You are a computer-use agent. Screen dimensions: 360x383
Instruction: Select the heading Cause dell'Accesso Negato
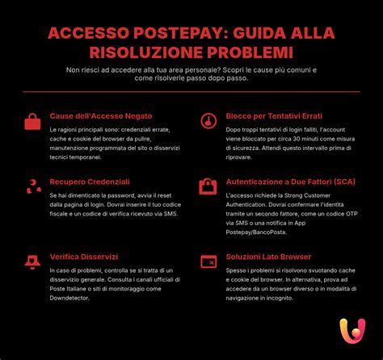100,116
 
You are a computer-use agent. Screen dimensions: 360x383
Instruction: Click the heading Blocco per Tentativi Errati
274,116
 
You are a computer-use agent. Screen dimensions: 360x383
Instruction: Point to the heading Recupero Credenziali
90,182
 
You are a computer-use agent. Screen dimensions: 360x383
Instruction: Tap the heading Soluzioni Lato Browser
267,257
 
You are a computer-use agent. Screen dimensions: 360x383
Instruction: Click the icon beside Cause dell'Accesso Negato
32,122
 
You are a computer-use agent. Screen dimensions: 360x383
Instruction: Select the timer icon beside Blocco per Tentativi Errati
208,122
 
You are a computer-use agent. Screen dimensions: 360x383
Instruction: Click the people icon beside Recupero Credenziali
33,187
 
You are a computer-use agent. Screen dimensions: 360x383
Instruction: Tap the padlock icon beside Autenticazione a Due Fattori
208,186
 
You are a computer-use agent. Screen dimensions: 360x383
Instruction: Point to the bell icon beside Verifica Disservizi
32,262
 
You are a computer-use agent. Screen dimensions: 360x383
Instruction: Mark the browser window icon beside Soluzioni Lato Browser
208,262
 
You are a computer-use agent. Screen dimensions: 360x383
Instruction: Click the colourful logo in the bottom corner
351,331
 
